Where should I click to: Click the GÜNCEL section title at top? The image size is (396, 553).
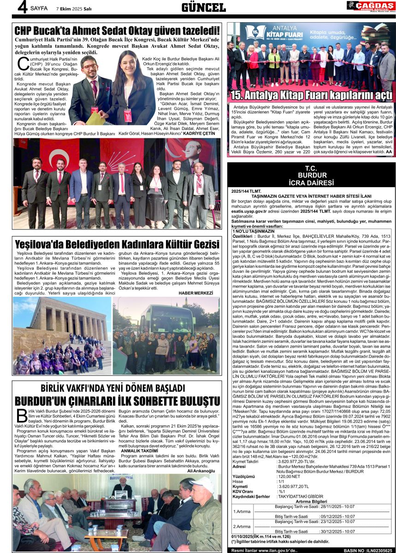(x=203, y=7)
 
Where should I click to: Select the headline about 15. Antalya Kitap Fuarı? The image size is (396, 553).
(x=311, y=95)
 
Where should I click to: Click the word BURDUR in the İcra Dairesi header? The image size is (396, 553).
(x=312, y=176)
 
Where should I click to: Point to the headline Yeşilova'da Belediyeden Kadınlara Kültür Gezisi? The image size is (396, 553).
(x=117, y=244)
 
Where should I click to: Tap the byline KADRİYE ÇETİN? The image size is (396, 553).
(x=200, y=133)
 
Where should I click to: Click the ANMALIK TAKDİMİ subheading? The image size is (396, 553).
(x=139, y=450)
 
